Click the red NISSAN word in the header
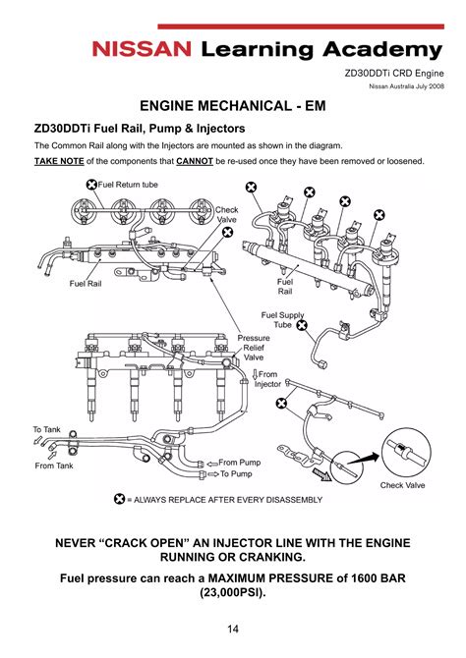[x=142, y=49]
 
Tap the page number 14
[x=233, y=629]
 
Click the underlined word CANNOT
[x=195, y=161]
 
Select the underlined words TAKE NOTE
[x=59, y=161]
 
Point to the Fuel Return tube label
[x=128, y=185]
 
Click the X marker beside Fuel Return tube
[x=91, y=185]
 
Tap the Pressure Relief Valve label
[x=254, y=348]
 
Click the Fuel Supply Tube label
[x=282, y=320]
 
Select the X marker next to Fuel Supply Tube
[x=302, y=325]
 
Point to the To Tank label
[x=46, y=429]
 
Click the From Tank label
[x=54, y=466]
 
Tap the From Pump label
[x=240, y=463]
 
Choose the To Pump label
[x=236, y=473]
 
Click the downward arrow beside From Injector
[x=255, y=374]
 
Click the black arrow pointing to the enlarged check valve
[x=365, y=459]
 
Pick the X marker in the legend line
[x=120, y=499]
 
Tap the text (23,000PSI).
[x=233, y=593]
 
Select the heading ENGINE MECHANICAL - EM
[x=233, y=106]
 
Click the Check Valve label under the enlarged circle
[x=402, y=485]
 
